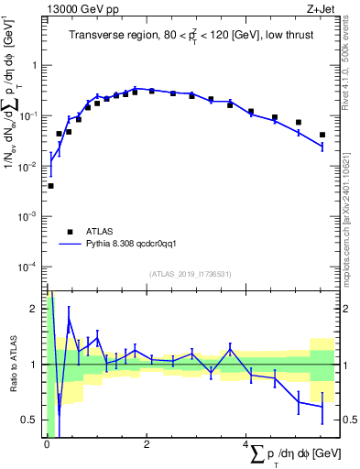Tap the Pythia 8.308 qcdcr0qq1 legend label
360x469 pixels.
coord(136,245)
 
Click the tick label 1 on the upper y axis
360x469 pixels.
coord(35,66)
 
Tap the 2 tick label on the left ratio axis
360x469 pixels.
coord(35,309)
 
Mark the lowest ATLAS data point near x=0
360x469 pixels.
coord(50,186)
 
